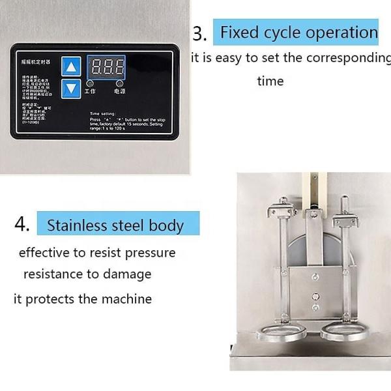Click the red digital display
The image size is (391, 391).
tap(106, 66)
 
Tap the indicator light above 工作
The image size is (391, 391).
tap(90, 84)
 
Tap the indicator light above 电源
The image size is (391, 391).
tap(120, 84)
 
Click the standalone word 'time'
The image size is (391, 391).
tap(270, 81)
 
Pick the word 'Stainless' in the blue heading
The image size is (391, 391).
tap(74, 226)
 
